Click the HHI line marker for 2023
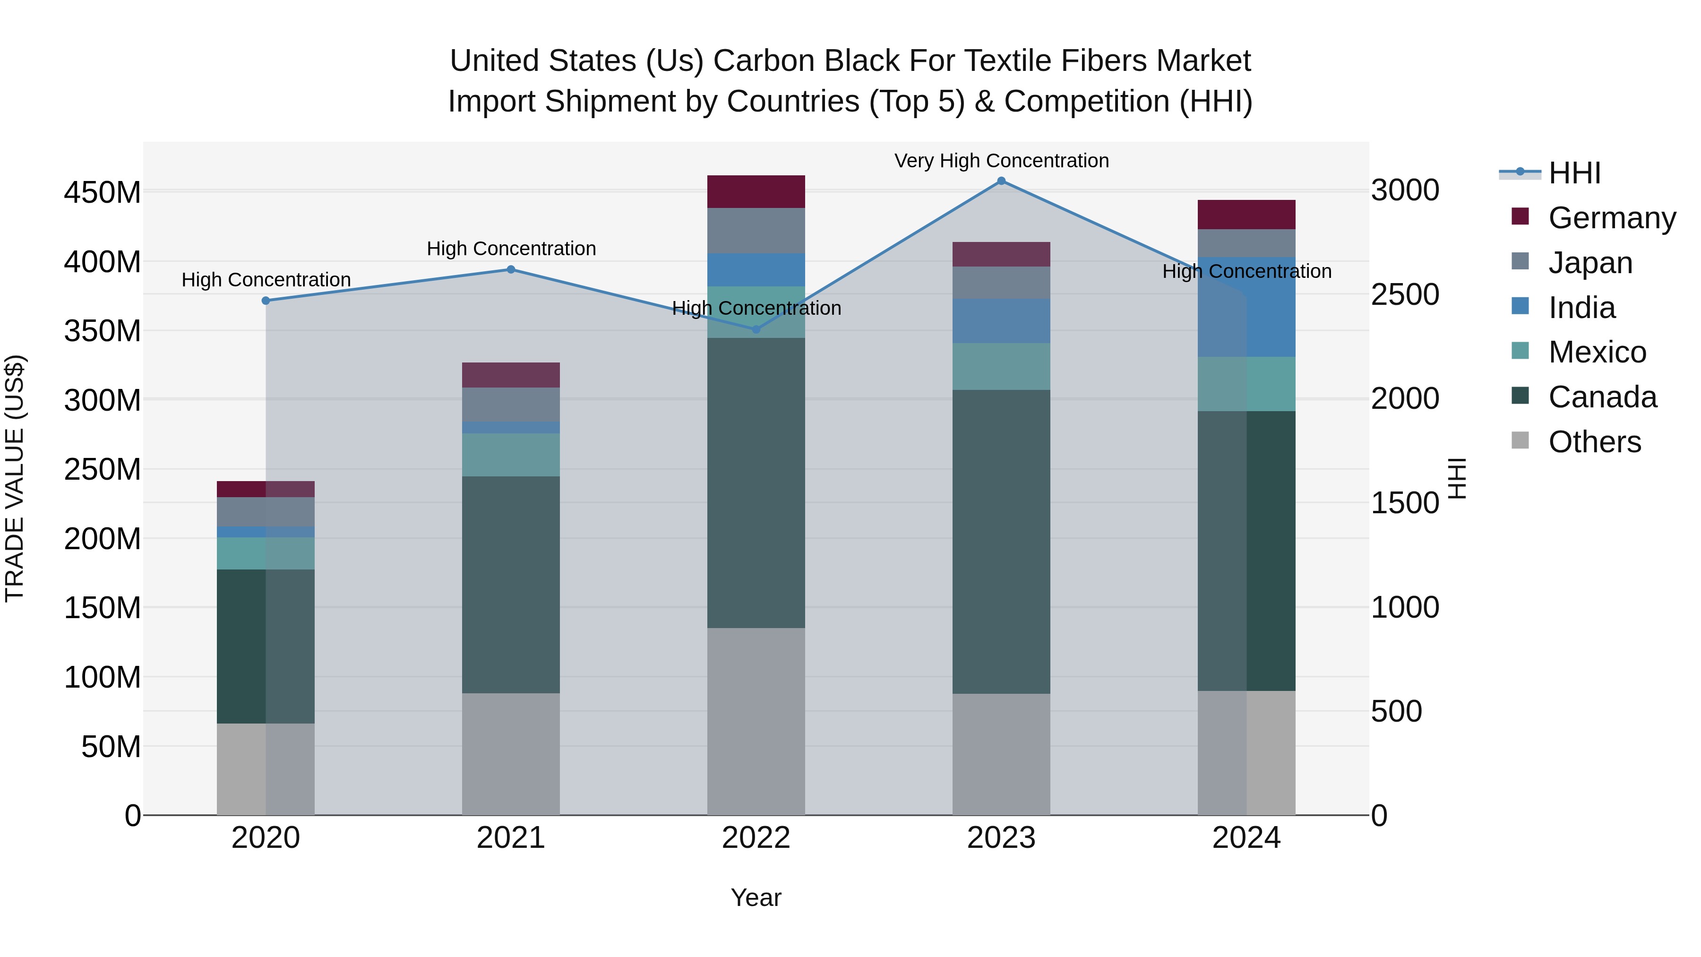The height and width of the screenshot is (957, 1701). (x=1001, y=181)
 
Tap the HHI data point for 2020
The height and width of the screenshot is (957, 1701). (x=266, y=301)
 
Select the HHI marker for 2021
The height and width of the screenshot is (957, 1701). (x=510, y=269)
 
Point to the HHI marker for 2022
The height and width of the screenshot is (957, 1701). (x=756, y=329)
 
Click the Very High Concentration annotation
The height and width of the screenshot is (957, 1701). (x=1001, y=161)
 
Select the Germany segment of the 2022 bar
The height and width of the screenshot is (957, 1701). (x=756, y=191)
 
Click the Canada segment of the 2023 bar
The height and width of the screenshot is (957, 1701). (x=1001, y=542)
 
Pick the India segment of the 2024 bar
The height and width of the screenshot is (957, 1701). (x=1247, y=307)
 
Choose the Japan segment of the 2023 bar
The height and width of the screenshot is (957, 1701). (x=1001, y=283)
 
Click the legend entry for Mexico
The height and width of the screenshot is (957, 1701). (x=1597, y=352)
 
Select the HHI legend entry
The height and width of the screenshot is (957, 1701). (x=1574, y=173)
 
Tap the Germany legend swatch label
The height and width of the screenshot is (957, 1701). (x=1611, y=218)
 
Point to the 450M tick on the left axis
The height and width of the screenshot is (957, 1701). (x=103, y=193)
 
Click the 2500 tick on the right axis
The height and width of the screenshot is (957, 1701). (x=1405, y=294)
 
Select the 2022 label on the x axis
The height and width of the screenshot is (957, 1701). (x=756, y=838)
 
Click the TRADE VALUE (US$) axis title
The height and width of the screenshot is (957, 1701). (x=15, y=478)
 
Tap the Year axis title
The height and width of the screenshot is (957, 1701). (x=756, y=897)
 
